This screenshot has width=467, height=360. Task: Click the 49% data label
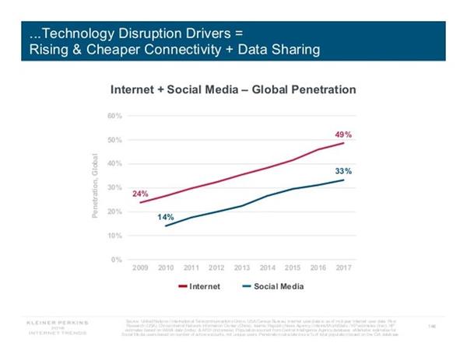(343, 135)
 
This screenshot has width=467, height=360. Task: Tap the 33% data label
(343, 170)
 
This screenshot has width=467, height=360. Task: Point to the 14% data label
(165, 217)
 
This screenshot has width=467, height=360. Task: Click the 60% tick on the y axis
(114, 116)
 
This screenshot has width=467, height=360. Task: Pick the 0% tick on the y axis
(117, 259)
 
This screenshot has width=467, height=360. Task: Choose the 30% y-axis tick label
(114, 187)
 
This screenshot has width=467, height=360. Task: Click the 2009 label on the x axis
(140, 269)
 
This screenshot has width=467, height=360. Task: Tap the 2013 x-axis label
(241, 269)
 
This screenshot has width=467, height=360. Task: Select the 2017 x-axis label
(343, 269)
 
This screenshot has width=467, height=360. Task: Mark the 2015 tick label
(292, 269)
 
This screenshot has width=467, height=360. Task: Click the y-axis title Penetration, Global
(97, 187)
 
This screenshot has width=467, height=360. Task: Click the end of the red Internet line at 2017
(344, 143)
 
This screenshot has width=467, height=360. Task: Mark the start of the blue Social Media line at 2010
(165, 226)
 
